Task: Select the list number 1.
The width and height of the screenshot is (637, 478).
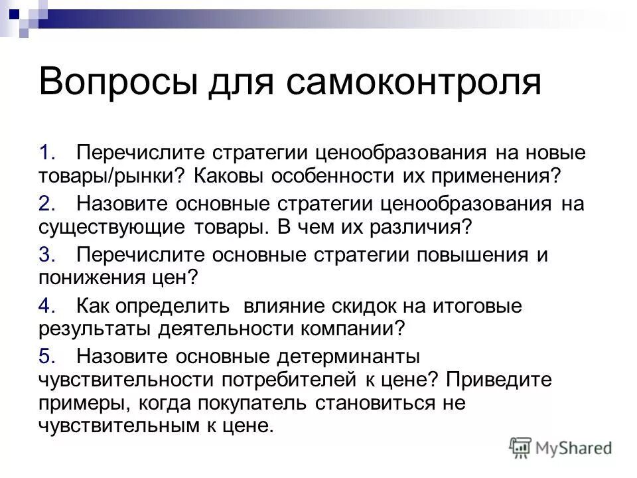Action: pos(45,153)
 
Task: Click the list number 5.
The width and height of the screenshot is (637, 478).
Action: pos(45,356)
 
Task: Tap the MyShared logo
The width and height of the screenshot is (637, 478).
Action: pos(561,447)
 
